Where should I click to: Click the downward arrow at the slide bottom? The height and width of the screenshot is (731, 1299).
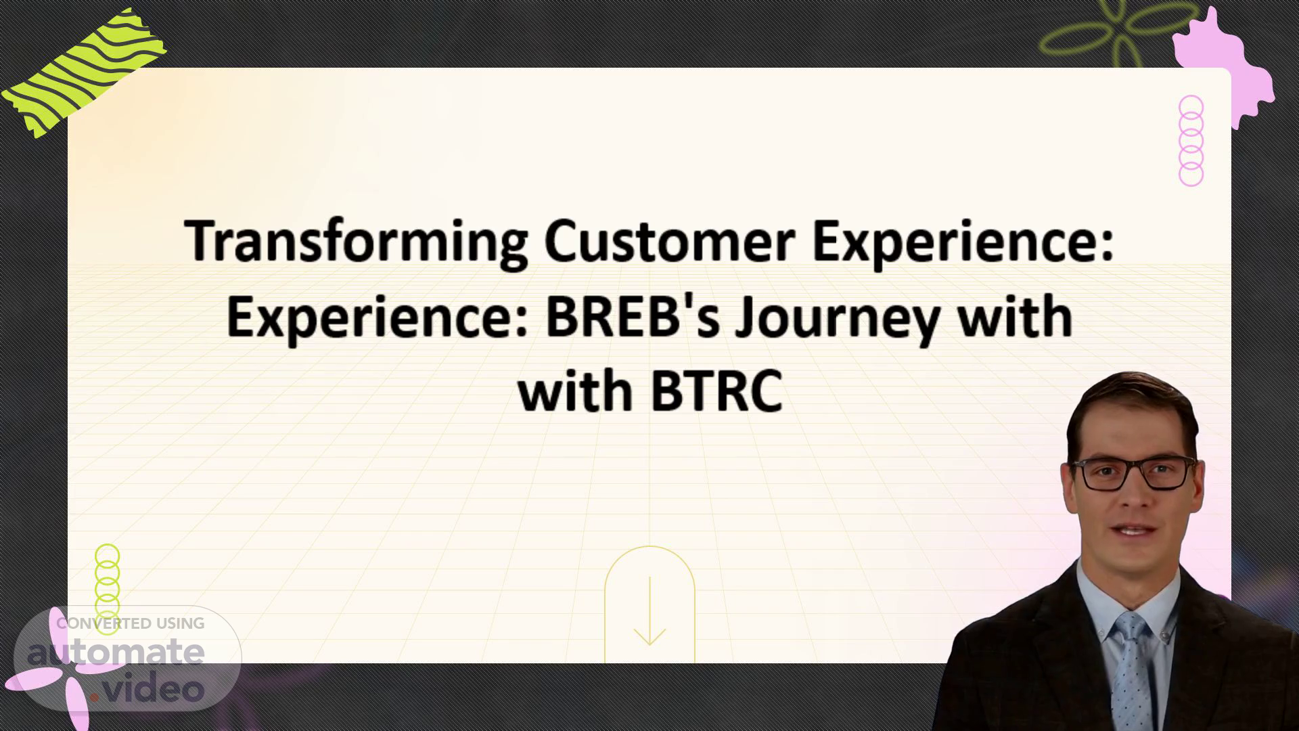(649, 611)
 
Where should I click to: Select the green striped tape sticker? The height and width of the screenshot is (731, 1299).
(84, 72)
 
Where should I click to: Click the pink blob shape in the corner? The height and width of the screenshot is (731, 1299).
(1223, 66)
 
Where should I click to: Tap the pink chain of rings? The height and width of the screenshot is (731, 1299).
(1191, 141)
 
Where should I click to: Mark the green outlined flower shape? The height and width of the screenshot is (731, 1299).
(1110, 30)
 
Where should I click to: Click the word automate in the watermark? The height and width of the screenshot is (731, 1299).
(116, 652)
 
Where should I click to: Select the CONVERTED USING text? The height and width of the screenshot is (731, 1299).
(131, 623)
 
